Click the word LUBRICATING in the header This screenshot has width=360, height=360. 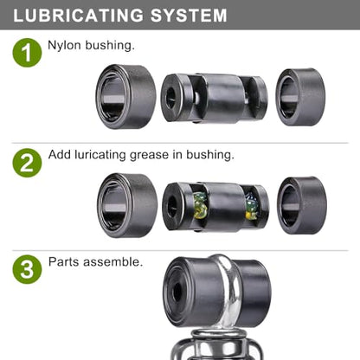[x=79, y=16]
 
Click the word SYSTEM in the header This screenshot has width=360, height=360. [x=189, y=16]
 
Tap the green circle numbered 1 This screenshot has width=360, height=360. [x=27, y=53]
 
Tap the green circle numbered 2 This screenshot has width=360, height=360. [x=27, y=163]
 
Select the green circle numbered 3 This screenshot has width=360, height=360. [x=27, y=269]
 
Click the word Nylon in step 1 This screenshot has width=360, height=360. [x=64, y=46]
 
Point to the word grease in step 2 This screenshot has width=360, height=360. [x=149, y=155]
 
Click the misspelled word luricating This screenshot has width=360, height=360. [x=100, y=155]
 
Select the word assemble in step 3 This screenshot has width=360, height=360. [x=112, y=262]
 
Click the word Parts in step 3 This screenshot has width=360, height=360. [x=64, y=262]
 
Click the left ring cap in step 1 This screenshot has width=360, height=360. [x=125, y=97]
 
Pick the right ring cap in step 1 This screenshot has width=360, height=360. [x=300, y=97]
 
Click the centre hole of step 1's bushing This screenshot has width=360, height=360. [x=170, y=98]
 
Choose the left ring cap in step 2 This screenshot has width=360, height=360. [x=127, y=205]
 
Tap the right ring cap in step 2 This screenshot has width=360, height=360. [x=302, y=205]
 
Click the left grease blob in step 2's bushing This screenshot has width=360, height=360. [x=201, y=206]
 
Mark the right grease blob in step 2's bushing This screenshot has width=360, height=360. [x=251, y=206]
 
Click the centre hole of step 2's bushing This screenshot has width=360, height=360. [x=172, y=207]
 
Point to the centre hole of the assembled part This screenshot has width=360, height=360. [x=177, y=291]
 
